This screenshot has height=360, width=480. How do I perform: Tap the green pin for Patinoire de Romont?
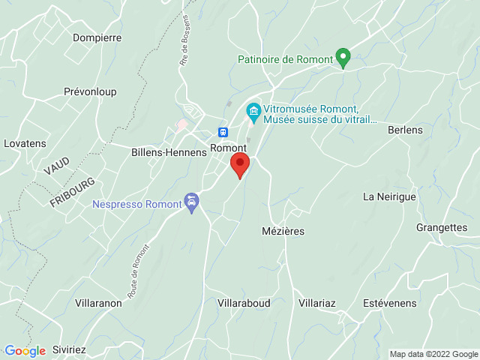(343, 57)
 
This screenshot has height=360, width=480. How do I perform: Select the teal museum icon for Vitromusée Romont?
(253, 113)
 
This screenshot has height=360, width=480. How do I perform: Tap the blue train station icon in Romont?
(223, 132)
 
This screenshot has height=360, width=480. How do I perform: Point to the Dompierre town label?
(97, 37)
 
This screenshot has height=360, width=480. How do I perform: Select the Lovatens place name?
(25, 143)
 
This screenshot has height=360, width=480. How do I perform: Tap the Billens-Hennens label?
(169, 152)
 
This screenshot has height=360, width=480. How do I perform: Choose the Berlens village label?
(405, 130)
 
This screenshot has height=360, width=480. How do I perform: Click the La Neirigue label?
(389, 197)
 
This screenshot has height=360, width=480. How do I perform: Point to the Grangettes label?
(441, 227)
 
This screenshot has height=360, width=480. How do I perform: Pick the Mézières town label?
(283, 231)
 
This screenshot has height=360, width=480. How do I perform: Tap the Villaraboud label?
(243, 303)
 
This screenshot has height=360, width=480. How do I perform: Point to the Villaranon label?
(98, 303)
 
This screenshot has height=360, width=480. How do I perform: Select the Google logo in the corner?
(25, 350)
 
